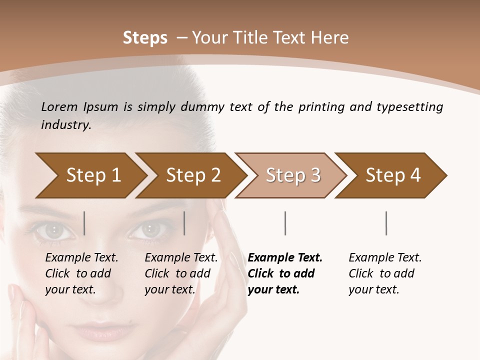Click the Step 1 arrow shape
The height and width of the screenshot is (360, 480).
[x=90, y=175]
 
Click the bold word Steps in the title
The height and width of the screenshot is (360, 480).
[x=145, y=38]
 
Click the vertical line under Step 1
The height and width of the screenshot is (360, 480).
[x=84, y=223]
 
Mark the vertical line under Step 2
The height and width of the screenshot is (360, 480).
[x=184, y=223]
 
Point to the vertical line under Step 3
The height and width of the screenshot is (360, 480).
[x=285, y=223]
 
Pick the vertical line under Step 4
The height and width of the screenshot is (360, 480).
[x=386, y=223]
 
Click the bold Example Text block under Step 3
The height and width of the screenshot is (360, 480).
[x=284, y=273]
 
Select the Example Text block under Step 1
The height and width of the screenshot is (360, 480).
[x=81, y=273]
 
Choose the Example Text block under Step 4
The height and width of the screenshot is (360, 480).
[x=385, y=273]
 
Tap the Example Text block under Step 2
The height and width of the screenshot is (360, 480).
[x=181, y=273]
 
